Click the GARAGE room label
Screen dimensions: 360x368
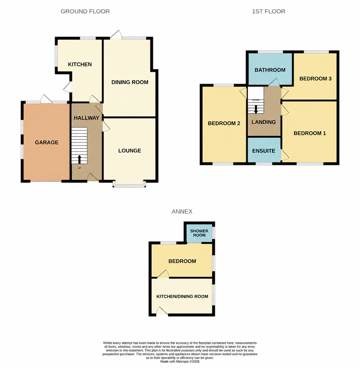click(x=46, y=142)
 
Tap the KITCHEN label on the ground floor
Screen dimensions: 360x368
click(x=80, y=64)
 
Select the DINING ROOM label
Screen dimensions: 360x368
click(x=130, y=82)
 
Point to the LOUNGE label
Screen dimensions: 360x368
click(x=130, y=151)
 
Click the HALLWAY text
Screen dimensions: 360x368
click(x=87, y=118)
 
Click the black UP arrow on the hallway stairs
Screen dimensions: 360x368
click(x=79, y=159)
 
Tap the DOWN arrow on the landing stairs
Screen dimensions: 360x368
click(x=256, y=109)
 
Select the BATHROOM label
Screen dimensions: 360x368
click(x=270, y=70)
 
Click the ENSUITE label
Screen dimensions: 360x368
click(x=264, y=151)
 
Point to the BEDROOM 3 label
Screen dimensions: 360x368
click(x=315, y=79)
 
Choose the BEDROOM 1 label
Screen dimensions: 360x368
click(x=310, y=133)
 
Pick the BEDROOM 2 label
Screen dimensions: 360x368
click(x=224, y=123)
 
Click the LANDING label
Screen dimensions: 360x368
click(x=264, y=122)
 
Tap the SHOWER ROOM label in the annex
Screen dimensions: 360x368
click(x=199, y=233)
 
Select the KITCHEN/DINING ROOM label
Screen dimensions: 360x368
click(x=182, y=296)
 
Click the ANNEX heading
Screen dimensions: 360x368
click(x=182, y=211)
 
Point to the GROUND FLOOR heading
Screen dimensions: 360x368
click(x=85, y=11)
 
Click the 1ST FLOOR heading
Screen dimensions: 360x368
click(x=268, y=11)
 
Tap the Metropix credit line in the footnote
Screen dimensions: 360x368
click(x=180, y=361)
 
